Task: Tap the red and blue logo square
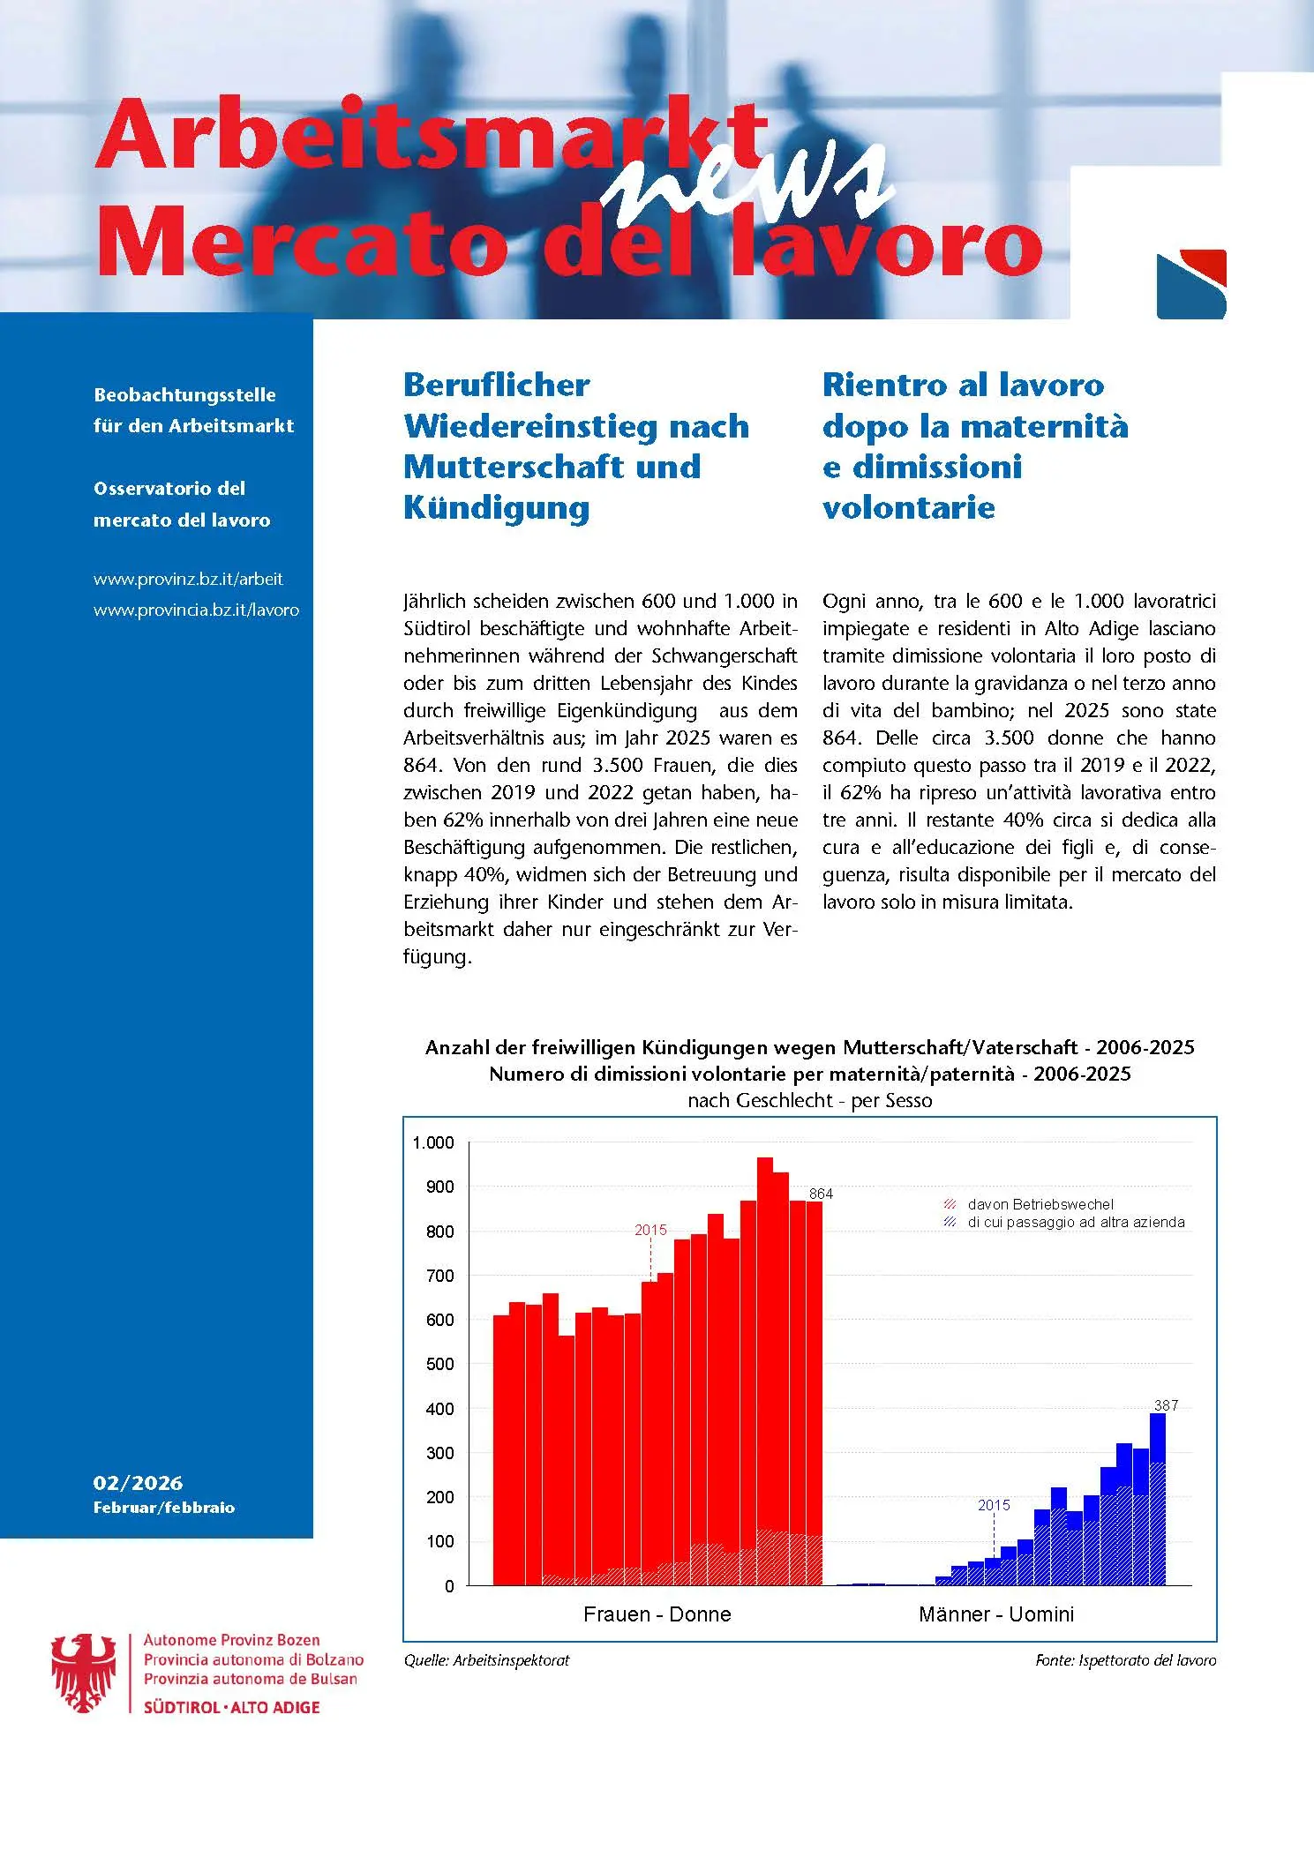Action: coord(1190,284)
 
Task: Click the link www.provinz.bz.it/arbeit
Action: coord(188,580)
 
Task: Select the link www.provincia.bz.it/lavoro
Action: coord(196,610)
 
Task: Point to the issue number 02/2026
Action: coord(138,1483)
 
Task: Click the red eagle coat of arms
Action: coord(84,1673)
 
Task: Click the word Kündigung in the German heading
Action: coord(496,507)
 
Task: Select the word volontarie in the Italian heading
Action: coord(908,507)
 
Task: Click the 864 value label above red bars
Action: coord(821,1194)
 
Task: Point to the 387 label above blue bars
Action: coord(1166,1404)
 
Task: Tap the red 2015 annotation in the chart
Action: coord(650,1230)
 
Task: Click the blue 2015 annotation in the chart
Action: coord(994,1505)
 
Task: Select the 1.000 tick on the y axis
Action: coord(432,1143)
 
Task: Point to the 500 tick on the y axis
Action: coord(439,1364)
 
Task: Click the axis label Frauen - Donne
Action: coord(657,1614)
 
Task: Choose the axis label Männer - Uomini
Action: coord(995,1614)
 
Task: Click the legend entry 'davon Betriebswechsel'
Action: coord(1040,1204)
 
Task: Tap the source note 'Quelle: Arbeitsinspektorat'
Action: coord(486,1660)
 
